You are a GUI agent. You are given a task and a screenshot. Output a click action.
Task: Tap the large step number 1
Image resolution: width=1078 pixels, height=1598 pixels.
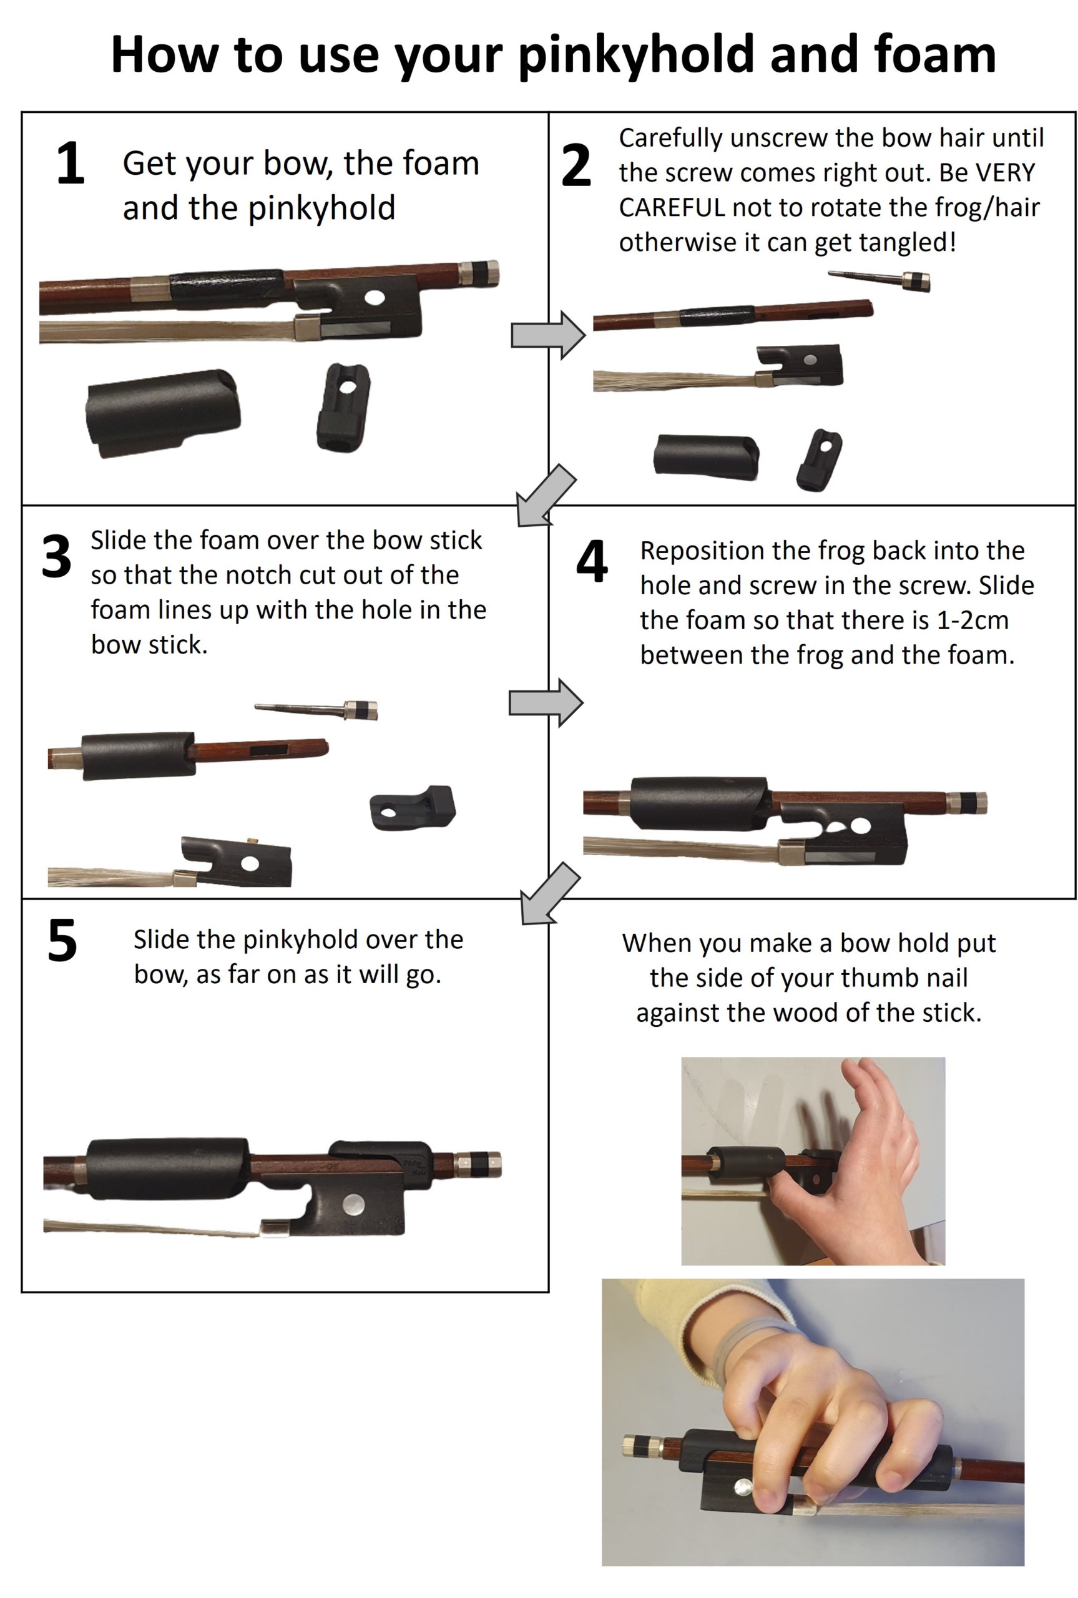70,163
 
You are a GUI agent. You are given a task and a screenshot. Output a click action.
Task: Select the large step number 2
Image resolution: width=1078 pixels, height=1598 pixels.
576,165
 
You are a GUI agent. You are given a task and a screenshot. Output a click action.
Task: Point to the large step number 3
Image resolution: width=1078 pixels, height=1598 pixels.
56,556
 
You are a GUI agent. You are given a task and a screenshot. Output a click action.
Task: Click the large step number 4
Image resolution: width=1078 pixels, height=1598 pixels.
592,560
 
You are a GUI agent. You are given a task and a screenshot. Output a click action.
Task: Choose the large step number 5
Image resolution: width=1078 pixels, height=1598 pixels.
62,940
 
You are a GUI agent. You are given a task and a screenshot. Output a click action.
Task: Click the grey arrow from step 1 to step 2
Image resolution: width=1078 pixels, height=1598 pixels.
548,335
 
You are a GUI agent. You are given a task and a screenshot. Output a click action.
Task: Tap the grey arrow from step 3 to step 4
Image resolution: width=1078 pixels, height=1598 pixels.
546,702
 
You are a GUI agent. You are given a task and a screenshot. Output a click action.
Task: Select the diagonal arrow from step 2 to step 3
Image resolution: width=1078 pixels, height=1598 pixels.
547,495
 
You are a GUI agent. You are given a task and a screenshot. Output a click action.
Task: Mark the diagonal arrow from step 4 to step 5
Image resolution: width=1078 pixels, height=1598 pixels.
550,893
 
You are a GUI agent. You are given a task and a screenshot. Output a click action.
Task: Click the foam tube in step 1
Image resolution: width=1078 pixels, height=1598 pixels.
162,413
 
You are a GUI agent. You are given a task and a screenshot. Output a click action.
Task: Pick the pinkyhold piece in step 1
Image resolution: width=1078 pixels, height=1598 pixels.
343,407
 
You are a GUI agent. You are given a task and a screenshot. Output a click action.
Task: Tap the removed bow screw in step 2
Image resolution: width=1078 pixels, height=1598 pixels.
880,278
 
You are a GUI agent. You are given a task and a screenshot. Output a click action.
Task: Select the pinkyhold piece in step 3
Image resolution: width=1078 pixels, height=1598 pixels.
413,808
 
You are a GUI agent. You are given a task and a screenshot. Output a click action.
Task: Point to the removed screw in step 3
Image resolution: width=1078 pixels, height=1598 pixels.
316,709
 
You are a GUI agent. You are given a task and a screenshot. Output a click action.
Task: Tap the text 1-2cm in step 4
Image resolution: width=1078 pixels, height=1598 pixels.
973,620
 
